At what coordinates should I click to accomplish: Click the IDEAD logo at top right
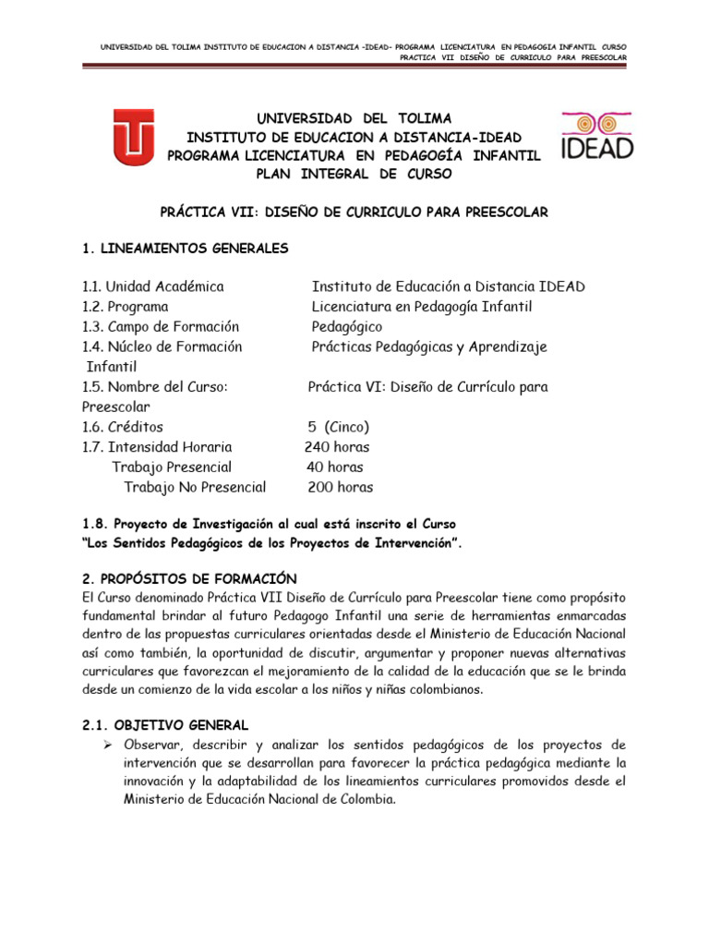597,136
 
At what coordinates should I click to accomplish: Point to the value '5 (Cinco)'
339,427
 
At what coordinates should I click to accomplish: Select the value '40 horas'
334,467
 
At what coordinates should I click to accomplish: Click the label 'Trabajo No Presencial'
195,487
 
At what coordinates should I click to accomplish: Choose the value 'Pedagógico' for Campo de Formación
346,327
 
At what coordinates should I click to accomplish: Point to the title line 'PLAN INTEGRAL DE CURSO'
354,173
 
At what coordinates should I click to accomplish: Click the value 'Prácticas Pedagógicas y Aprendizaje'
429,346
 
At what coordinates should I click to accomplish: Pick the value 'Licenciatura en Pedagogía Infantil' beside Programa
422,307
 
